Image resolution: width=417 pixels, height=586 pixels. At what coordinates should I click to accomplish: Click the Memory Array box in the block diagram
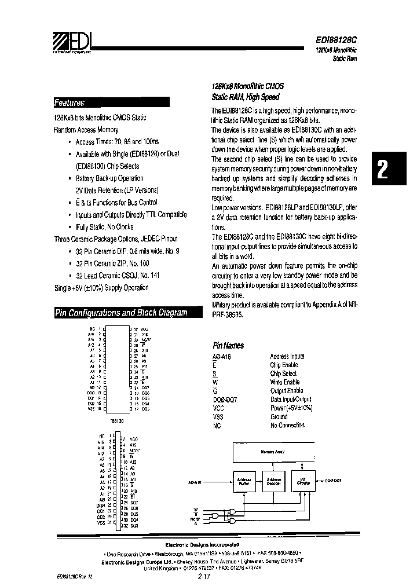coord(272,452)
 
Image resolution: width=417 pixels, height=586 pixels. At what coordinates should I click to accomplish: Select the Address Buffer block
coord(243,482)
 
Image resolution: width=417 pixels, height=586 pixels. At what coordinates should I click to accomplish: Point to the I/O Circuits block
coord(302,482)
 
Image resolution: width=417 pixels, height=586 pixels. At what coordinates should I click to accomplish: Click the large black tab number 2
coord(383,169)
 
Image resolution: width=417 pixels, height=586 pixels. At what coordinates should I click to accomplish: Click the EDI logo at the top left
coord(71,42)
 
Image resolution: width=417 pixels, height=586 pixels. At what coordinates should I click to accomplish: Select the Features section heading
coord(69,103)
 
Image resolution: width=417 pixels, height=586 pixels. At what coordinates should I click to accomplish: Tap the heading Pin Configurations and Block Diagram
coord(121,313)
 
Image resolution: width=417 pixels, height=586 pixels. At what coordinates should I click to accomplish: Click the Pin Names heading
coord(229,345)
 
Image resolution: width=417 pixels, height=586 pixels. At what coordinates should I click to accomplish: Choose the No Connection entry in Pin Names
coord(287,425)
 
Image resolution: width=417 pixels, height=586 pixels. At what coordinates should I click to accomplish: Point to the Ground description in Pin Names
coord(279,416)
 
